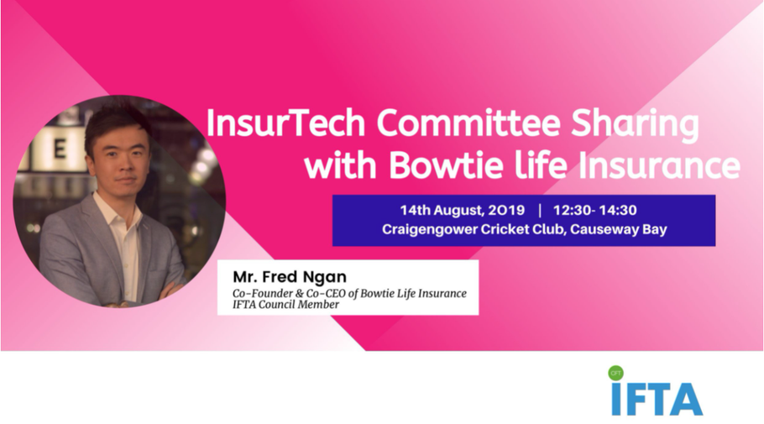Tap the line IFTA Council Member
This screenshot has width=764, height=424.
[x=286, y=305]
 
